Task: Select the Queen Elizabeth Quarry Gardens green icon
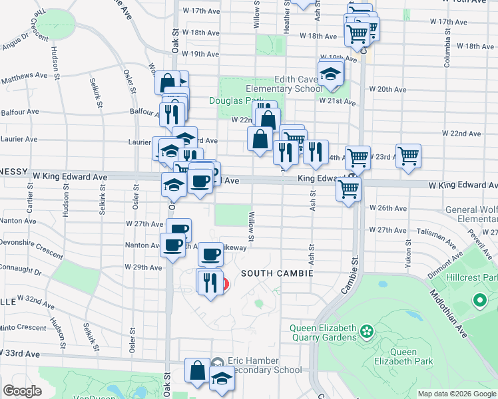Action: (x=366, y=331)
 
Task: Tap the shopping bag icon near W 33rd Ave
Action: (x=198, y=371)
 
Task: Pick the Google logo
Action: (x=23, y=391)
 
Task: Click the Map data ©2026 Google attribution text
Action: (x=456, y=394)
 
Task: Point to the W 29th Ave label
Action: (x=143, y=267)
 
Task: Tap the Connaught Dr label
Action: (x=21, y=273)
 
